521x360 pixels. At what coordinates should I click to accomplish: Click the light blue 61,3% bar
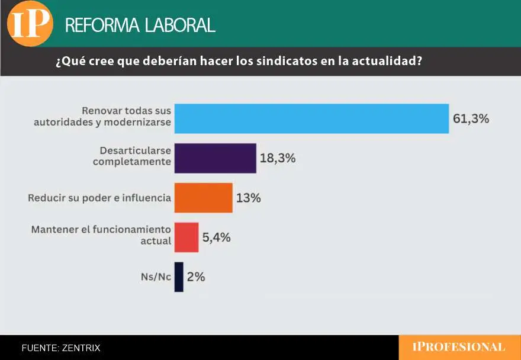311,118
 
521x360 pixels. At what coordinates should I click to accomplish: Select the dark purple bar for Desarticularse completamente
215,158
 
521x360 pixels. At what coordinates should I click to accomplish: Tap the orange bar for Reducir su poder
203,198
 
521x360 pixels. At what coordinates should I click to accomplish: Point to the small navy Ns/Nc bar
179,277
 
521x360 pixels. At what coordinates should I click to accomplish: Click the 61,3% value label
471,118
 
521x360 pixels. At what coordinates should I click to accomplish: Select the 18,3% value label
277,158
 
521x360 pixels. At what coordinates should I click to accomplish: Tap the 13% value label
248,198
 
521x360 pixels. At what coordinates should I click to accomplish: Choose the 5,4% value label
216,237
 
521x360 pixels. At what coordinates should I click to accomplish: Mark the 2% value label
196,277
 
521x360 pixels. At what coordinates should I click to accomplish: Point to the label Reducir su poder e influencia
99,198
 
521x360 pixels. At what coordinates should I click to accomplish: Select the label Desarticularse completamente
131,155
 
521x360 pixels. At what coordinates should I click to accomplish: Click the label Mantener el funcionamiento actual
101,234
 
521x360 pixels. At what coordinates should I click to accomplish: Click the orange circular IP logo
30,23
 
